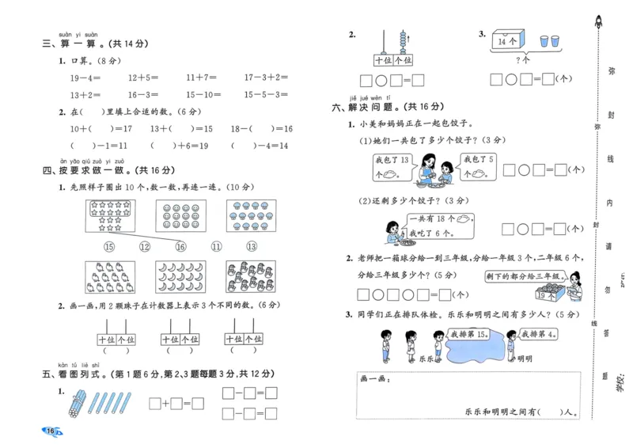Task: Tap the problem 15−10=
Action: (204, 94)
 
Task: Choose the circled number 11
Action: (216, 247)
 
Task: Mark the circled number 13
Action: (252, 247)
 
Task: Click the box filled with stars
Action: (111, 215)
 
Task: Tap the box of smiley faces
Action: (180, 215)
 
